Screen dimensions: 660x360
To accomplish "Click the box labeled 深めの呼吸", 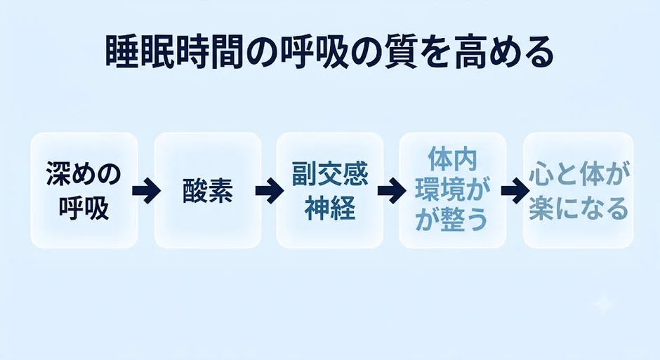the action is (x=84, y=190).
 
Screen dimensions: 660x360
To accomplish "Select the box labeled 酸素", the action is (x=208, y=190).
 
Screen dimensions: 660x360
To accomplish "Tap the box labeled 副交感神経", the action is (x=330, y=190).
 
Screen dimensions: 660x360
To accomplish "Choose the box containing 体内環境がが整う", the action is (x=452, y=190).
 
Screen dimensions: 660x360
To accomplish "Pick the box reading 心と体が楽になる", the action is (x=579, y=190).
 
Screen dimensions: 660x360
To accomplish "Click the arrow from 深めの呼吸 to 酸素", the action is (x=146, y=190).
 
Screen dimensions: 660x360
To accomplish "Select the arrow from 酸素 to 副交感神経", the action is (x=269, y=190).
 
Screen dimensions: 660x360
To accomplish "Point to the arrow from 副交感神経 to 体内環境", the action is (x=392, y=190).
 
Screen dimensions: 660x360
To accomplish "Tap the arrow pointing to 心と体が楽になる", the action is (x=515, y=190).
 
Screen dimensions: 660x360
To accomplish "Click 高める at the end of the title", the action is (x=503, y=53).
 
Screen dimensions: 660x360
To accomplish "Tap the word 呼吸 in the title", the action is (x=314, y=53).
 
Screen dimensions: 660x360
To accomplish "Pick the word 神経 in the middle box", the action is (x=330, y=208).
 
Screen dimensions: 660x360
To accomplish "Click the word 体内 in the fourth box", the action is (x=452, y=159).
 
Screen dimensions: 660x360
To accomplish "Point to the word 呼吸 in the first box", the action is (x=84, y=208).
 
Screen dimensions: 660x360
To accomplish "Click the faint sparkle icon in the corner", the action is (x=602, y=304).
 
